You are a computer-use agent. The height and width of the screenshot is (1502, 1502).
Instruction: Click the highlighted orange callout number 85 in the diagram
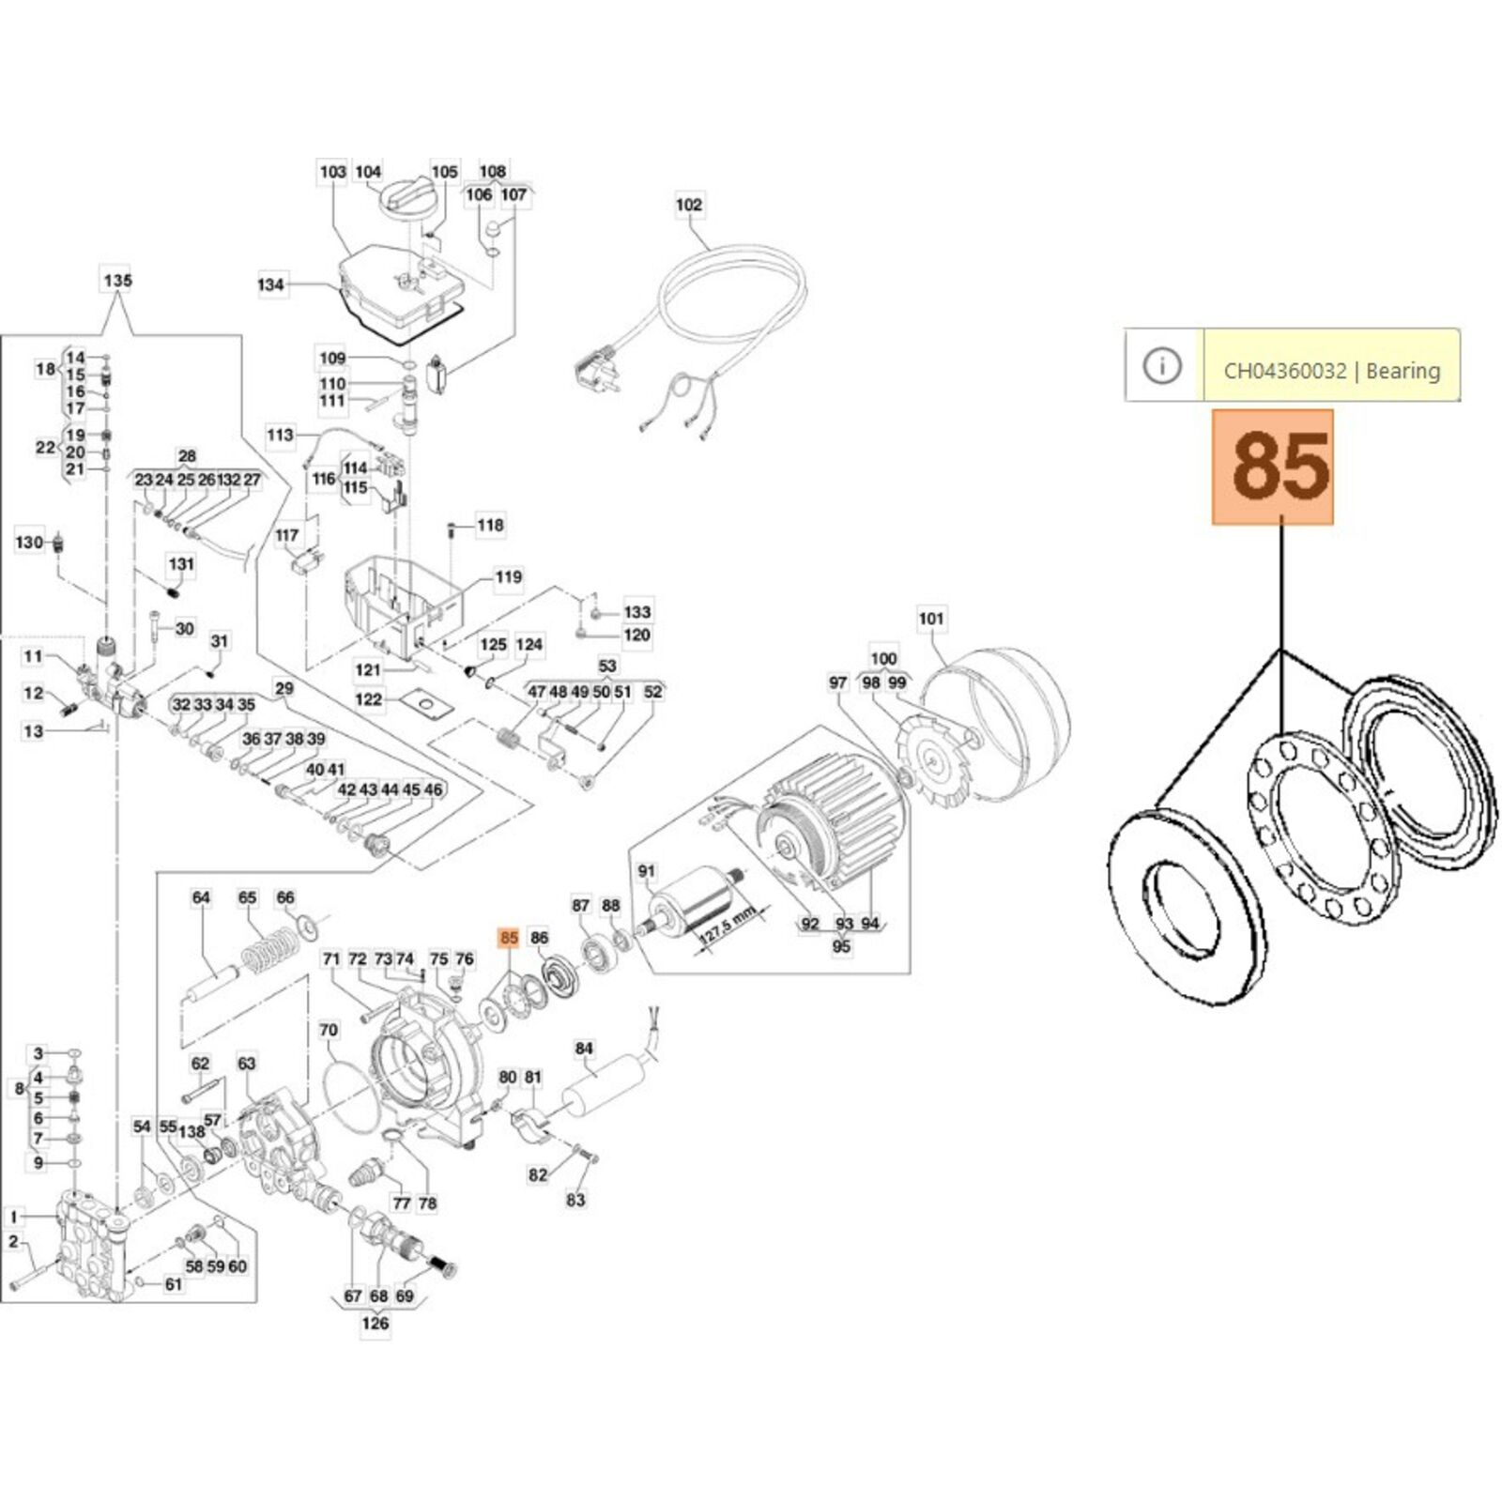510,937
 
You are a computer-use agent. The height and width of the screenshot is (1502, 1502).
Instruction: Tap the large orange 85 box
1272,467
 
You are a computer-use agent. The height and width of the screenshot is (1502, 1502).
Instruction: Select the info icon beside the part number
1163,365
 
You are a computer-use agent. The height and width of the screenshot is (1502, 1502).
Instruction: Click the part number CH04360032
1284,371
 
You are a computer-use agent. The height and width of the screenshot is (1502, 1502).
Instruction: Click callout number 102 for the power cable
688,205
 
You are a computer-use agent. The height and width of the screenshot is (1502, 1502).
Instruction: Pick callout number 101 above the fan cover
930,619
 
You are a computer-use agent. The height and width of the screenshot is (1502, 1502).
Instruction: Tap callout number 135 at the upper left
117,281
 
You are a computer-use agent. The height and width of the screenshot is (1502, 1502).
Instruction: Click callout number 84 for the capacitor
584,1049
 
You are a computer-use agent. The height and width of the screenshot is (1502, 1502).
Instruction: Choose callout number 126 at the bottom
375,1324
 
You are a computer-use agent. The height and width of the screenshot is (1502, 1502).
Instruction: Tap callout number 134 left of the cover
270,284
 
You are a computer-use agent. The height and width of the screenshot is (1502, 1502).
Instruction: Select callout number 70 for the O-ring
329,1031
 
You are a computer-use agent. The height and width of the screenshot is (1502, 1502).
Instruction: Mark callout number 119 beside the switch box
508,577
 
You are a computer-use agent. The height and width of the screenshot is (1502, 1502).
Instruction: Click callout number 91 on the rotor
646,871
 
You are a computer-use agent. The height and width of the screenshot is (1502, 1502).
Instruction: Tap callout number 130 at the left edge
29,542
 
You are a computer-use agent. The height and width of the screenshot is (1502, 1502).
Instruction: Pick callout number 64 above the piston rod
201,897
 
